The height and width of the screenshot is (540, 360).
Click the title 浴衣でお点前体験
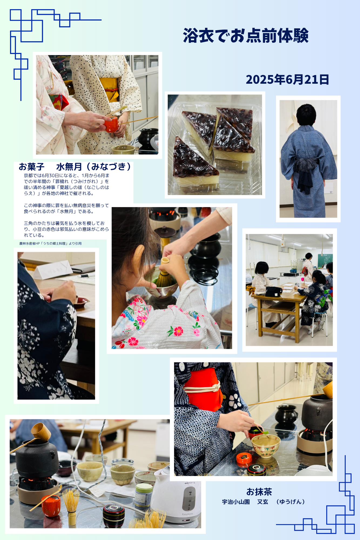pyautogui.click(x=246, y=35)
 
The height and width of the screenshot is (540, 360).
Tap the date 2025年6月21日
pyautogui.click(x=287, y=79)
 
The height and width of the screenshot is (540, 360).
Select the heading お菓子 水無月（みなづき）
pyautogui.click(x=75, y=167)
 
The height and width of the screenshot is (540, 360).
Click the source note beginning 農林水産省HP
pyautogui.click(x=51, y=244)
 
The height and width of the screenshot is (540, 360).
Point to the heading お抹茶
pyautogui.click(x=259, y=492)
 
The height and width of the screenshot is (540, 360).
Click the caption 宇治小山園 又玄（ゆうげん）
pyautogui.click(x=263, y=502)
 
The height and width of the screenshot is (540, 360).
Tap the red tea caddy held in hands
pyautogui.click(x=112, y=124)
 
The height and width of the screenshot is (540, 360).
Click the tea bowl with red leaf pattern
pyautogui.click(x=266, y=446)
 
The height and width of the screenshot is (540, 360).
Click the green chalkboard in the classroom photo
pyautogui.click(x=327, y=261)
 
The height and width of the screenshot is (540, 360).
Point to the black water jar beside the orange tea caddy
pyautogui.click(x=148, y=139)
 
